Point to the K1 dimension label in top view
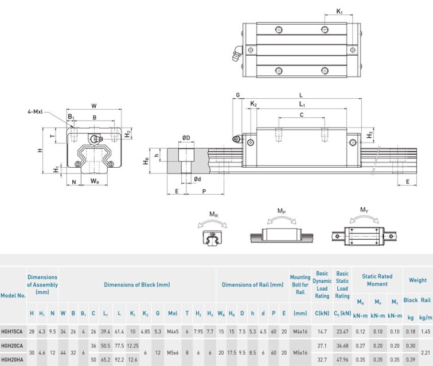pyautogui.click(x=339, y=11)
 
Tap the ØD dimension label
pyautogui.click(x=186, y=137)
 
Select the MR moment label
pyautogui.click(x=213, y=214)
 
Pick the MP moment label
pyautogui.click(x=281, y=211)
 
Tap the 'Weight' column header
pyautogui.click(x=418, y=280)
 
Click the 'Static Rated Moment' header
pyautogui.click(x=377, y=280)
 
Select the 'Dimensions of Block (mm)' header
pyautogui.click(x=137, y=284)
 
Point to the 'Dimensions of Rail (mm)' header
pyautogui.click(x=252, y=284)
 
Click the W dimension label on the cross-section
pyautogui.click(x=94, y=106)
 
